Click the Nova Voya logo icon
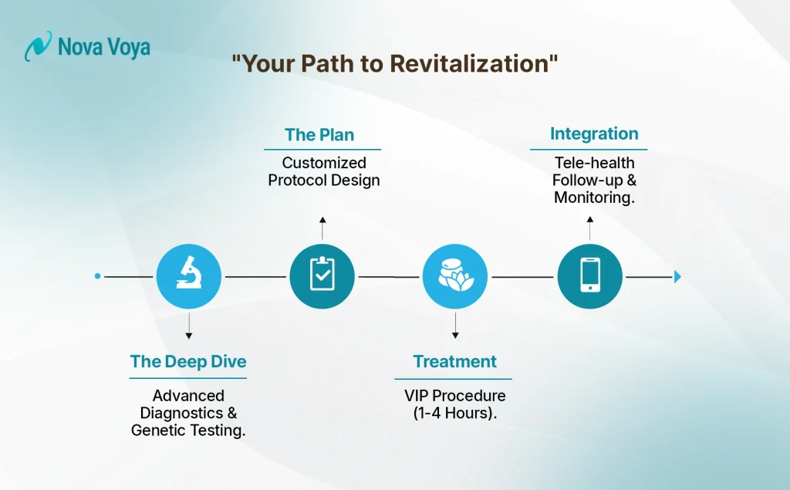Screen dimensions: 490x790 coord(38,47)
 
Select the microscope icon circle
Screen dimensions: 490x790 coord(189,275)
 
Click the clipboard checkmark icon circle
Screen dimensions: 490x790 coord(322,275)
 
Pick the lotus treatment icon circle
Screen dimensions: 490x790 coord(455,275)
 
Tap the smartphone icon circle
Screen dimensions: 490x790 coord(589,275)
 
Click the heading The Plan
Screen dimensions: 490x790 coord(319,135)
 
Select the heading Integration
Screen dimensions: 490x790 coord(594,134)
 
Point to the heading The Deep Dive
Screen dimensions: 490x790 coord(188,361)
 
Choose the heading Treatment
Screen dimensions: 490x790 coord(455,361)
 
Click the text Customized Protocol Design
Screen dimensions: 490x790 coord(324,171)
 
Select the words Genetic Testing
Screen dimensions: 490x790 coord(189,431)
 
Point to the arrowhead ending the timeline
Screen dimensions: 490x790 coord(677,276)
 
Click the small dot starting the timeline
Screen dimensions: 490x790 coord(97,275)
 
